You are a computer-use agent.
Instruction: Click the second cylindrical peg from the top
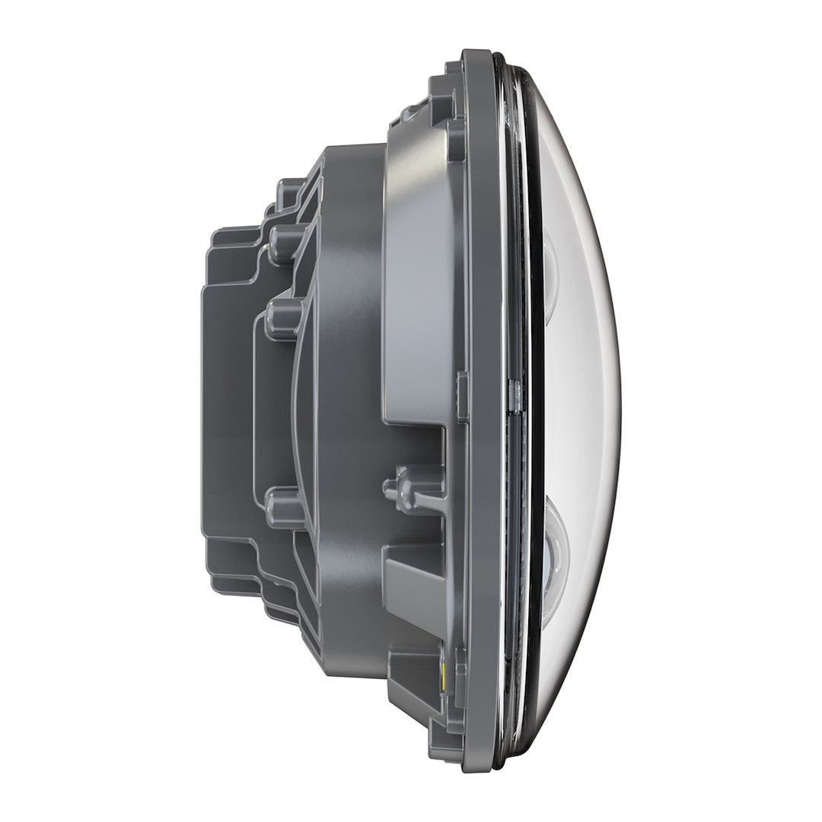coord(281,311)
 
